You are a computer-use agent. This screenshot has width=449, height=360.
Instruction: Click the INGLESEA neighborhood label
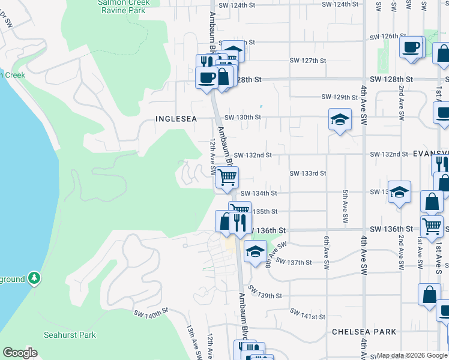click(176, 119)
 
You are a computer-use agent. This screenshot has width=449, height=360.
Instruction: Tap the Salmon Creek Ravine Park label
click(123, 7)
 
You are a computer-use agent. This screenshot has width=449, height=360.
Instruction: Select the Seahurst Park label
click(70, 335)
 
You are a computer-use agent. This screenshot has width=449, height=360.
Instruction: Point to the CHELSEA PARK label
click(364, 332)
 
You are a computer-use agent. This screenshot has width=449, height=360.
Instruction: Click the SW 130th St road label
click(243, 118)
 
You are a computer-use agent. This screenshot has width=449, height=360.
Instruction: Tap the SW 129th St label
click(339, 97)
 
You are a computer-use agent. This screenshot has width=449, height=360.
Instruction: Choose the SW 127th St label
click(307, 61)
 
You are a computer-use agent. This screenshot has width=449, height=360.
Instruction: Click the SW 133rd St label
click(307, 173)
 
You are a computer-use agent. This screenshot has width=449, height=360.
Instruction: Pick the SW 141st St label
click(307, 314)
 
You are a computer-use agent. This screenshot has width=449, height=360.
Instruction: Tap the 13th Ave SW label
click(193, 341)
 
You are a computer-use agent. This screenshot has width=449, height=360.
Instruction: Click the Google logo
click(20, 353)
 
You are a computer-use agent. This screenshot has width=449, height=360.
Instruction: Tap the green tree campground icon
click(35, 278)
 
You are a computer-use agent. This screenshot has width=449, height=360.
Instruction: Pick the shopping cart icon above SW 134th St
click(227, 177)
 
